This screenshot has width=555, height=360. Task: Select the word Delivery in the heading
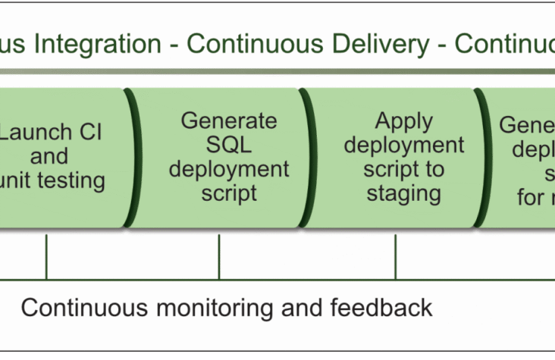click(391, 44)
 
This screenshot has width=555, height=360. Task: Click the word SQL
click(229, 145)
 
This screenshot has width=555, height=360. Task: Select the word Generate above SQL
click(229, 121)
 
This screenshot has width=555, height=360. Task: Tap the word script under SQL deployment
click(229, 193)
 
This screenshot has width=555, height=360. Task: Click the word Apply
click(403, 121)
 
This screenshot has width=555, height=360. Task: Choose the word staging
click(403, 193)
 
